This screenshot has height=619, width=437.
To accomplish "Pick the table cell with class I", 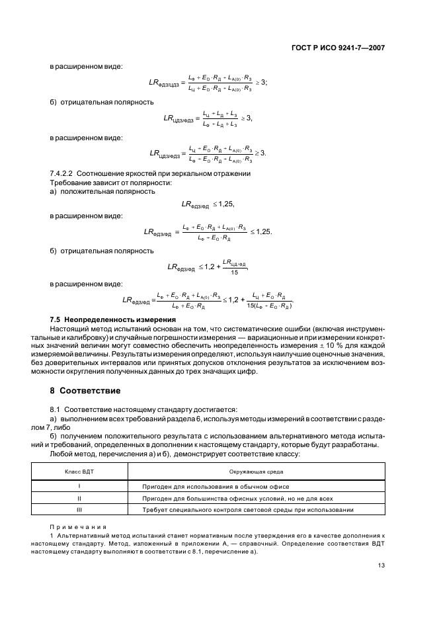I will click(80, 486).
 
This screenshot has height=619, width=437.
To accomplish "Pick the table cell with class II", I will click(80, 498).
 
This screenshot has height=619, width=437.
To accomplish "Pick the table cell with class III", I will click(80, 510).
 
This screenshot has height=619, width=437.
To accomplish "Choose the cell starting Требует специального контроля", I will click(248, 510).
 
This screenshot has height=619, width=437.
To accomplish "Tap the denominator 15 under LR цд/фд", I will click(234, 272).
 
